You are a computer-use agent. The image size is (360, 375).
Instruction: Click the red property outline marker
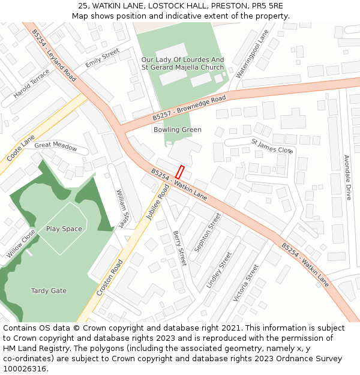pyautogui.click(x=179, y=171)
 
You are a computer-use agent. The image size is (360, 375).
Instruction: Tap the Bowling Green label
pyautogui.click(x=177, y=130)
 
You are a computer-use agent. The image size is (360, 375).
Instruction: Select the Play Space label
pyautogui.click(x=64, y=229)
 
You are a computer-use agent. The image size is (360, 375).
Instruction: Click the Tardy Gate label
pyautogui.click(x=49, y=291)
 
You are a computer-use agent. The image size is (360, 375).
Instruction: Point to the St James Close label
pyautogui.click(x=272, y=146)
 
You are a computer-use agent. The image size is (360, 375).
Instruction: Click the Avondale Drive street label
pyautogui.click(x=347, y=178)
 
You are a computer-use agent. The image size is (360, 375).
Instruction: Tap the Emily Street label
pyautogui.click(x=102, y=59)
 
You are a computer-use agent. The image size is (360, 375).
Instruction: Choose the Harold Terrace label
pyautogui.click(x=31, y=84)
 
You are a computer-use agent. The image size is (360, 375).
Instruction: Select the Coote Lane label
pyautogui.click(x=21, y=148)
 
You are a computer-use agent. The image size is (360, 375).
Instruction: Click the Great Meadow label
pyautogui.click(x=56, y=145)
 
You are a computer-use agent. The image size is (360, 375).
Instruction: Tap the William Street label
pyautogui.click(x=122, y=208)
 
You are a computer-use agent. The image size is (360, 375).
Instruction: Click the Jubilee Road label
pyautogui.click(x=157, y=202)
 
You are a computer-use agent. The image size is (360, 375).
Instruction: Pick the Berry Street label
pyautogui.click(x=179, y=248)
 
